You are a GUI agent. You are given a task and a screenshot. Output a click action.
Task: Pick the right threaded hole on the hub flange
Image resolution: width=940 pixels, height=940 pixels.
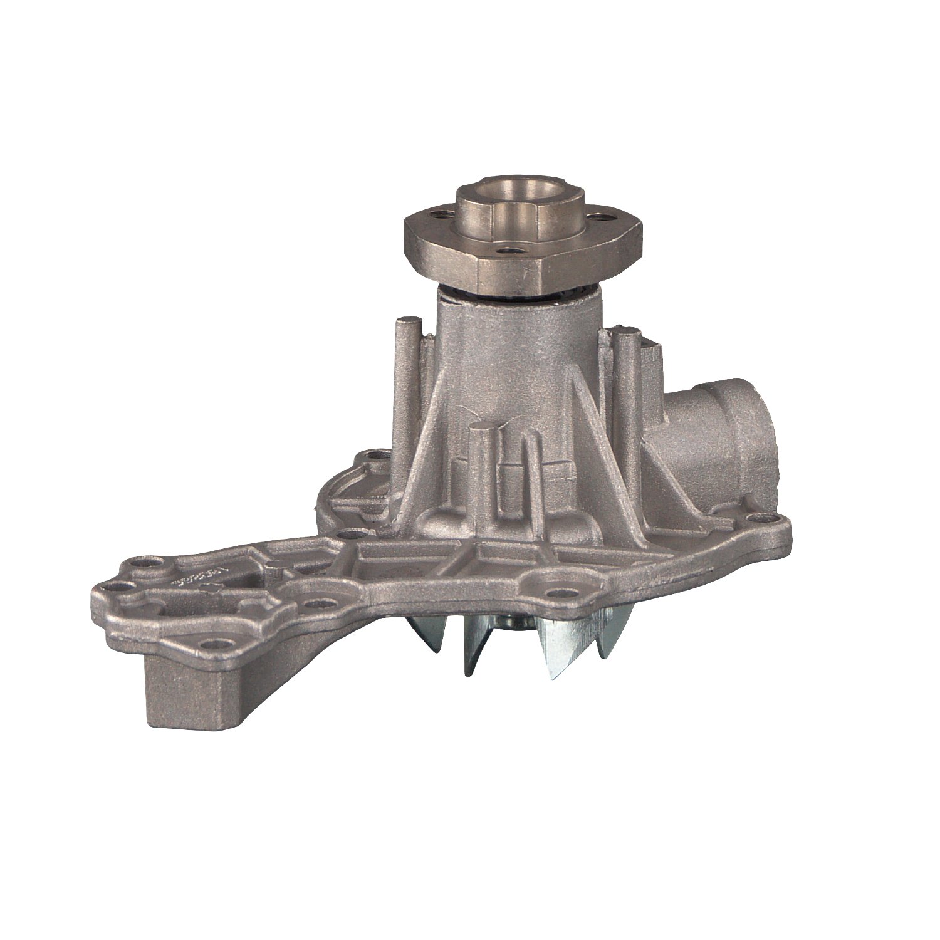[604, 218]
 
